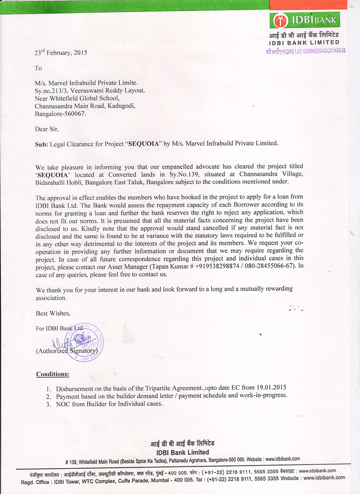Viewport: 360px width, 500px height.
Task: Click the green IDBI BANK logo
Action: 305,20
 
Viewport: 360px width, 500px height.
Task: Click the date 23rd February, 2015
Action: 61,52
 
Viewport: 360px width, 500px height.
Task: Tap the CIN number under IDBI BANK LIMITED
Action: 306,51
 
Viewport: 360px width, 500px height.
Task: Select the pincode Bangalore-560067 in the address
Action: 60,114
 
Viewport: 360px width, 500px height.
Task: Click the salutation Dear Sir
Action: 47,129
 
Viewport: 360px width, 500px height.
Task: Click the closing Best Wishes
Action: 53,313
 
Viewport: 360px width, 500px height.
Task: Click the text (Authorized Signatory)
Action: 67,350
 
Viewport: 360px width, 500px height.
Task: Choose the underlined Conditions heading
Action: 53,374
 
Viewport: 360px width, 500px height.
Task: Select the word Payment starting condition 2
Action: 69,395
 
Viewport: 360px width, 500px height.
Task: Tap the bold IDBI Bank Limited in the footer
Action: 183,452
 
